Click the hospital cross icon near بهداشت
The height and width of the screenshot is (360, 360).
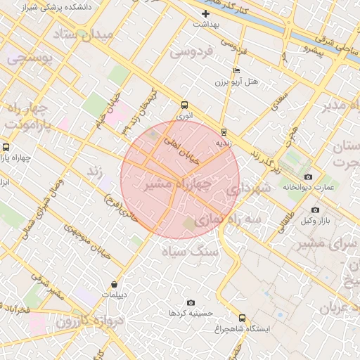tap(205, 13)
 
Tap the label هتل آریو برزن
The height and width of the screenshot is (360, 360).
tap(237, 82)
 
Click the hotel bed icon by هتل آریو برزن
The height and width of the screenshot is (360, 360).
tap(236, 71)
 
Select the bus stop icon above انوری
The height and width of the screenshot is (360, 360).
tap(184, 103)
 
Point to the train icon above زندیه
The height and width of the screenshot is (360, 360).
tap(224, 131)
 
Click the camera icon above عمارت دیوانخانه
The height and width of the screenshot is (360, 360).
tap(308, 176)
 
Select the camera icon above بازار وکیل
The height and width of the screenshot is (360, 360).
tap(314, 210)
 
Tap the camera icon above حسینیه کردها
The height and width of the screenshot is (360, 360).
tap(191, 302)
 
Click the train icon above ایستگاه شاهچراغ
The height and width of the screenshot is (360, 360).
tap(243, 318)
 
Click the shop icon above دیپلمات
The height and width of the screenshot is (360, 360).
tap(115, 285)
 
